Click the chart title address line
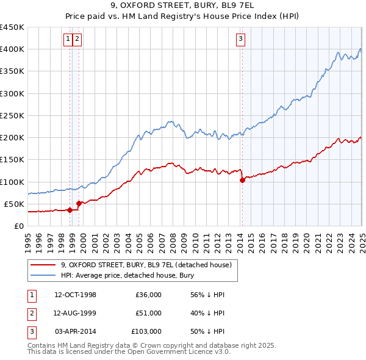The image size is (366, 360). (182, 6)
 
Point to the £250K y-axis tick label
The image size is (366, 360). (12, 115)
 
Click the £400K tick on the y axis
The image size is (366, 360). (12, 49)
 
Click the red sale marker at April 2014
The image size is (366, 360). (242, 180)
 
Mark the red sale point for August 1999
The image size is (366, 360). (79, 203)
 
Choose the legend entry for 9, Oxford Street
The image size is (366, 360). (146, 265)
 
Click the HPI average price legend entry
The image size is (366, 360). (127, 275)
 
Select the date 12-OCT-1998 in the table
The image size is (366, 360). (75, 295)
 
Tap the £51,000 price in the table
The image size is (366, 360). (148, 313)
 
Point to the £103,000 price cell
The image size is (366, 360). (146, 331)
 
